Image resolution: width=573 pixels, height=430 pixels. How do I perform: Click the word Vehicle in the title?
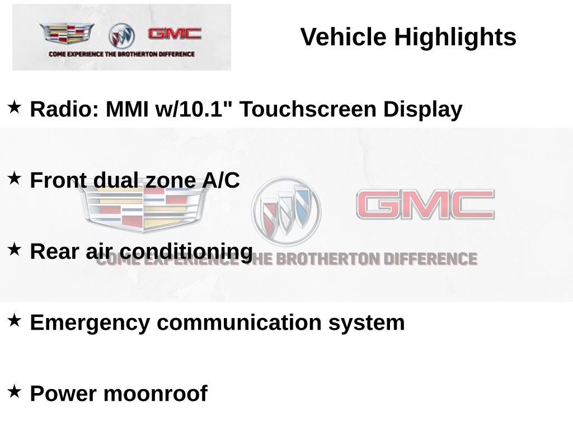[343, 36]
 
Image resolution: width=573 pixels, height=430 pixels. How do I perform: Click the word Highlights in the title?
[455, 38]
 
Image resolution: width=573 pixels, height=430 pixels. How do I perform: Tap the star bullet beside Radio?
[14, 107]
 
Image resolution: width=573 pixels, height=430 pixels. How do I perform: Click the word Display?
[423, 110]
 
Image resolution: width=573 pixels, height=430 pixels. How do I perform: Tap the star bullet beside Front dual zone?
[14, 178]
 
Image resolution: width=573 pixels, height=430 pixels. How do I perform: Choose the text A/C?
[221, 180]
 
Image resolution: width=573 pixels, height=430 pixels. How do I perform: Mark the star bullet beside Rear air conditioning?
[14, 249]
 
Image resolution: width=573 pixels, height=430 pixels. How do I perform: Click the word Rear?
[54, 251]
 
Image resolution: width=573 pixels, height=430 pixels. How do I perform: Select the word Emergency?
[90, 323]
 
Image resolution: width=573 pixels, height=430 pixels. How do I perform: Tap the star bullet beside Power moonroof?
[14, 391]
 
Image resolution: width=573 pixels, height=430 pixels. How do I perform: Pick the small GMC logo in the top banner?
[175, 34]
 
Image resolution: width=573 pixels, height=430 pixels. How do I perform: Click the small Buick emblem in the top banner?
[121, 36]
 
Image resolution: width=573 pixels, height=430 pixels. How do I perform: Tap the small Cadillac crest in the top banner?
[67, 33]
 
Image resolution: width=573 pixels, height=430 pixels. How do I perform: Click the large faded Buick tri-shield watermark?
[286, 211]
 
